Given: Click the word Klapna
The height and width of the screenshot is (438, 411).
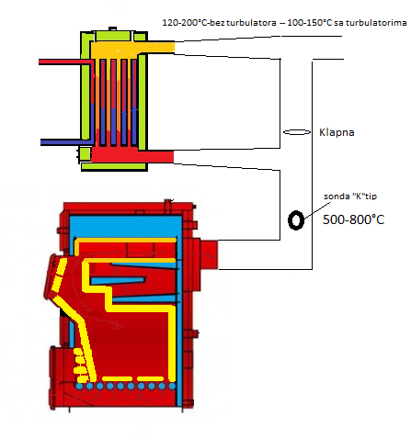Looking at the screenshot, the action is point(337,132).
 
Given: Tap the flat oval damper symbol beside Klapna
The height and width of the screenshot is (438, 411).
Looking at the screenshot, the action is point(297,132).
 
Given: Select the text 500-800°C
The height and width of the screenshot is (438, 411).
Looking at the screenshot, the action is point(353,219).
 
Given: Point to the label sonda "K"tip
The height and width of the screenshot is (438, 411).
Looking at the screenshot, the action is point(350,197).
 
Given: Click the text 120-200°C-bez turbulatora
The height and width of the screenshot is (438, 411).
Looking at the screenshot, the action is point(219,23).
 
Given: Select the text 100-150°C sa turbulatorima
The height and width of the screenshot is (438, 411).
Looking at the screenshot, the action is point(347,23).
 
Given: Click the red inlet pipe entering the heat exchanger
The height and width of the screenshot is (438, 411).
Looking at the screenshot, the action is point(66,62).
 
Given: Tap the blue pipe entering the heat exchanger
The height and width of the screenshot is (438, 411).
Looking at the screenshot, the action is point(67,142).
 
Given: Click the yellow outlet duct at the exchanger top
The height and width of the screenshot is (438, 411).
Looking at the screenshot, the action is point(132,48).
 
